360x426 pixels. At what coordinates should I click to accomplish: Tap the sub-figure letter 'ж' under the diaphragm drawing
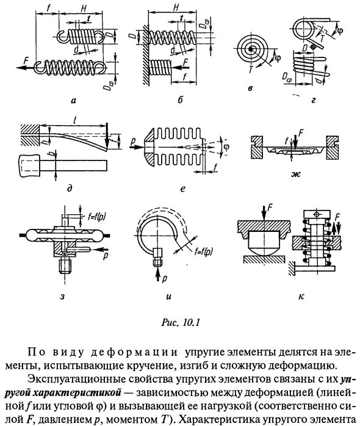coord(295,175)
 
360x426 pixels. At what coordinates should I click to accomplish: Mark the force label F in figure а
coord(23,61)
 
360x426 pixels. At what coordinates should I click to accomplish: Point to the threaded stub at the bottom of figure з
coord(65,267)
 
